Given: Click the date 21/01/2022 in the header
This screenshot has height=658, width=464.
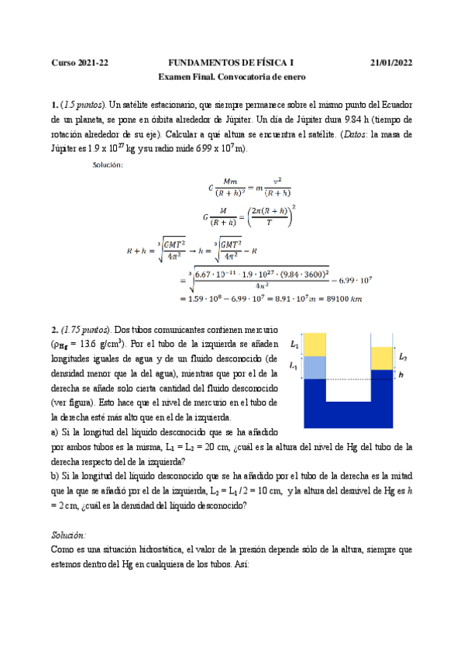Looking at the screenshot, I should pos(391,62).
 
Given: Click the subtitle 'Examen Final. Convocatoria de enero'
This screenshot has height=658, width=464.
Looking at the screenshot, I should pos(232,77).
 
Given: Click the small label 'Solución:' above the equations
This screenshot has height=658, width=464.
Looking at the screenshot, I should pos(107,164).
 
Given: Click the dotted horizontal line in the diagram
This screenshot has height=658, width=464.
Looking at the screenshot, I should pos(349,379).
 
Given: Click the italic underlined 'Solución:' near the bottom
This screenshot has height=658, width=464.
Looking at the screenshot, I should pos(69,535).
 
